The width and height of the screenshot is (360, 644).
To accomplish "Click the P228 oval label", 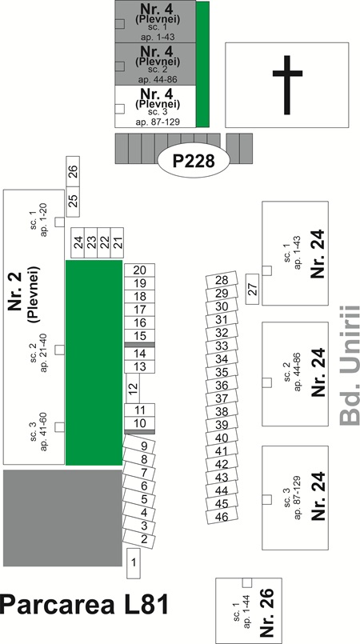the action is point(194,161).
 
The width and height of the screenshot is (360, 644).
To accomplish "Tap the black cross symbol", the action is point(287,85).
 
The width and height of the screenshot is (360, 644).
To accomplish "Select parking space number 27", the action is point(253,289).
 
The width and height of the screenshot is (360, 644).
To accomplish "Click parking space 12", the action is point(132,388).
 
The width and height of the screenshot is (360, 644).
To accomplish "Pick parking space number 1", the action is point(134,563).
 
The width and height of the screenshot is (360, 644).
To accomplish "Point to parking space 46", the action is point(222,516).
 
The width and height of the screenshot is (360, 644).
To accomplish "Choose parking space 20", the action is point(139,270).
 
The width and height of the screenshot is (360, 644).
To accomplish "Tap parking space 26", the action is point(73,171).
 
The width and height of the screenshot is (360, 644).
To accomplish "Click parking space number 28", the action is point(222,281).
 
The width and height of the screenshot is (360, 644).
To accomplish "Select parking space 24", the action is point(78,242).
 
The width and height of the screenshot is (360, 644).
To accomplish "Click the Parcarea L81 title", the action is point(84,605).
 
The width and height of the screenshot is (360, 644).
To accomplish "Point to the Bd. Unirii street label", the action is point(350,365).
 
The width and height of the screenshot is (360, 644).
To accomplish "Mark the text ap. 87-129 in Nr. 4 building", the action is point(158,122).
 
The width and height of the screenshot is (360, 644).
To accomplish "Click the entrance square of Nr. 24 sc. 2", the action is point(267,382).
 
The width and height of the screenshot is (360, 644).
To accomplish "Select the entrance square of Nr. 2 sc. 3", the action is point(59,427).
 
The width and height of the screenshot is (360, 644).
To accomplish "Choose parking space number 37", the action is point(222,398).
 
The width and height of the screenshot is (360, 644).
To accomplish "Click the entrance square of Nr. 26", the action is point(247,583).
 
